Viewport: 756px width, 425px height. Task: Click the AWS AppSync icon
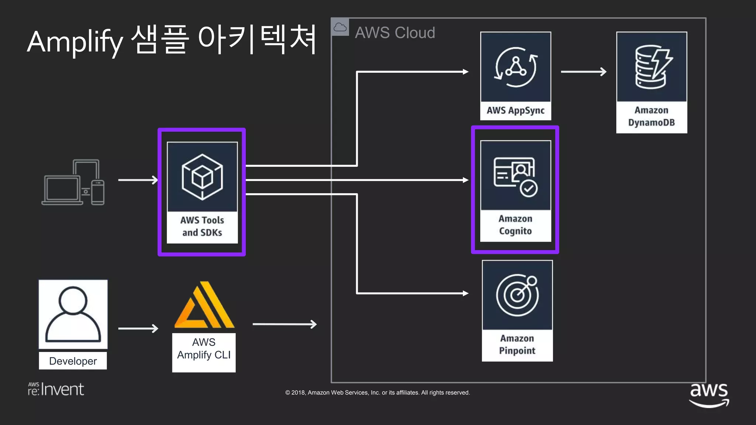(516, 67)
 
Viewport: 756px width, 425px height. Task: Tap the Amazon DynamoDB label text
(652, 116)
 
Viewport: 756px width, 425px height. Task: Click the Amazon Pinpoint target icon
(517, 295)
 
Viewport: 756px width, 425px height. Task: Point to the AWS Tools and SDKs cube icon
(202, 177)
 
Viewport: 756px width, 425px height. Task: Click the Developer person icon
(73, 314)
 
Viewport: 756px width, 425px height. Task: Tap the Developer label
(73, 361)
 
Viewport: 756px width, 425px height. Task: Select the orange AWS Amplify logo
(204, 305)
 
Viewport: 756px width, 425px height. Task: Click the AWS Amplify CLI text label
(204, 349)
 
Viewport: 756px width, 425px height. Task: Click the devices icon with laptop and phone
(73, 182)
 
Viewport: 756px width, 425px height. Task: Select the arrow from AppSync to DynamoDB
(584, 72)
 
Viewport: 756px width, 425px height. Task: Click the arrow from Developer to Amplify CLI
(138, 328)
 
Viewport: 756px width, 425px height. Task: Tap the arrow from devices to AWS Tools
(138, 180)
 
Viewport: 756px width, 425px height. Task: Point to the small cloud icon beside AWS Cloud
(340, 27)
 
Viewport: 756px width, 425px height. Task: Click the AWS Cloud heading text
(395, 33)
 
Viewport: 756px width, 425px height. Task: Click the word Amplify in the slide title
(75, 42)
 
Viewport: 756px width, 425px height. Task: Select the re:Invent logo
(56, 389)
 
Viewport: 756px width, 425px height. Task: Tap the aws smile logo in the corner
(709, 395)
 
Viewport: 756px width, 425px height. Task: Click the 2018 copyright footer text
(377, 393)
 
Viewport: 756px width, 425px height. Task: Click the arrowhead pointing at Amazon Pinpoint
(465, 293)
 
